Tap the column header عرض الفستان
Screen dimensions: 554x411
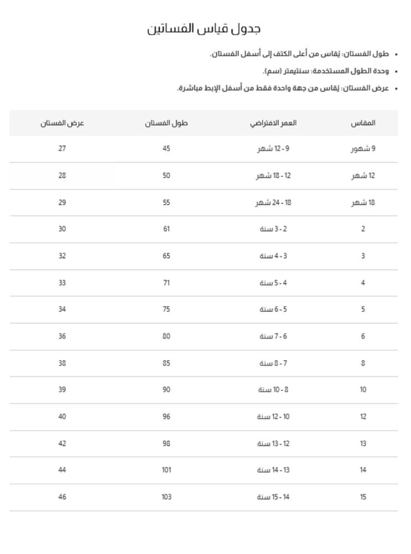(62, 123)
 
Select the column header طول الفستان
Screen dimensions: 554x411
(167, 123)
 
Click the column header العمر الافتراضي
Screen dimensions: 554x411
(273, 123)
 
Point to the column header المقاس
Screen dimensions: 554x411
(363, 123)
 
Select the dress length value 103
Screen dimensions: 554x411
(167, 497)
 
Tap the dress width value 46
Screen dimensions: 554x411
(62, 497)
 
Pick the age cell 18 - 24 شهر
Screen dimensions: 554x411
(273, 203)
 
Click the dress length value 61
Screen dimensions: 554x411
(167, 229)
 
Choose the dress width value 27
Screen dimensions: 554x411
(62, 149)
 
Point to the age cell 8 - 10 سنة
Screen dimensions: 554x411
(273, 390)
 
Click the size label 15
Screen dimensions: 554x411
(363, 497)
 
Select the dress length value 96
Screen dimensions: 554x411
(167, 417)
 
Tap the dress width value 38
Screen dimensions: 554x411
(62, 363)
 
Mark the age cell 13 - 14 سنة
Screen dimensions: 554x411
(273, 470)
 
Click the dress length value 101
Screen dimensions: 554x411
(167, 470)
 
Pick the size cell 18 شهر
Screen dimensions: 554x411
(363, 203)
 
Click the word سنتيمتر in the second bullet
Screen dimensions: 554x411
(295, 71)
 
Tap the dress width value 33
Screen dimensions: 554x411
(62, 283)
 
